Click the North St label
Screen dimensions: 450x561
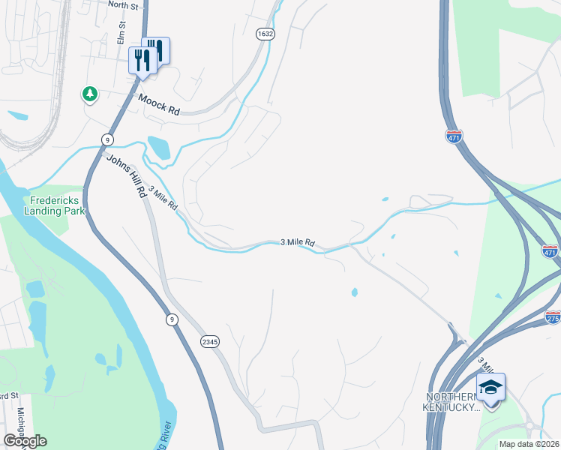point(123,4)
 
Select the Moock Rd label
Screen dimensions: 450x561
point(158,105)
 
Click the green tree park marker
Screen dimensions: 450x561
point(90,94)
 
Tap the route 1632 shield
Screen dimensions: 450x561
point(265,34)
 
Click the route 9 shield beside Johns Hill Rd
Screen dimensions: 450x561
point(108,139)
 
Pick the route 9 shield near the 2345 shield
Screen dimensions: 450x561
point(172,320)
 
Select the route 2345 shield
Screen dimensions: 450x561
point(210,341)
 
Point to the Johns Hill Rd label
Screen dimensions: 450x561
point(125,175)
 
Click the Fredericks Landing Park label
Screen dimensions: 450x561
point(56,205)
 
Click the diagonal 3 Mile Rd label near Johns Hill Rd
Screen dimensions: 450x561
point(163,198)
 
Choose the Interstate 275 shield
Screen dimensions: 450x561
point(553,317)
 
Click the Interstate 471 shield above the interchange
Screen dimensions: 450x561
point(454,136)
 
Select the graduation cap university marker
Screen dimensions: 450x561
point(490,388)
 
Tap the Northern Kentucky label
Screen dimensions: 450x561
point(452,402)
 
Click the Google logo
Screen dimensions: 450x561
point(25,441)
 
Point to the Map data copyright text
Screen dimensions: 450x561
point(529,444)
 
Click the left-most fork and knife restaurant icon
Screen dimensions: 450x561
point(142,60)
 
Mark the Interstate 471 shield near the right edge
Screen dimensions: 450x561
point(550,252)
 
